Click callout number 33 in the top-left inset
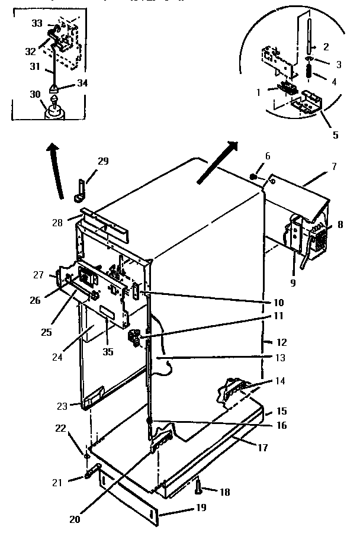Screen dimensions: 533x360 click(37, 23)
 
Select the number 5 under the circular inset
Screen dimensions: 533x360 click(335, 134)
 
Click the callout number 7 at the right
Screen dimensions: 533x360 click(334, 167)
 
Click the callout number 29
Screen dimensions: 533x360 click(103, 161)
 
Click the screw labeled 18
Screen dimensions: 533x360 click(198, 488)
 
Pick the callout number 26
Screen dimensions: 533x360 click(36, 300)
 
